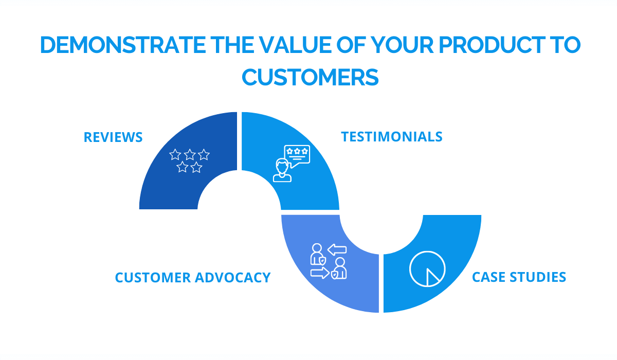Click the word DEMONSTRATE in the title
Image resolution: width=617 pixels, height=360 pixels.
pyautogui.click(x=123, y=45)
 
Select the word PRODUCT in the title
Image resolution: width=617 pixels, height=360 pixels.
pyautogui.click(x=492, y=45)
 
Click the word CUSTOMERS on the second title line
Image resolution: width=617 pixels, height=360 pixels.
pyautogui.click(x=310, y=77)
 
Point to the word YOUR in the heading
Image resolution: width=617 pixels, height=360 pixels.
pyautogui.click(x=403, y=45)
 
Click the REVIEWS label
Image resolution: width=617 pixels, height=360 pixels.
pyautogui.click(x=113, y=137)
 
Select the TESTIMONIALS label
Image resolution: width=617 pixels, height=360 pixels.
pyautogui.click(x=392, y=137)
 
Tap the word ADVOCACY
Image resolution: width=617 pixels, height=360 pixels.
pyautogui.click(x=233, y=277)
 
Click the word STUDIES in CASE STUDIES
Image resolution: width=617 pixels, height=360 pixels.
pyautogui.click(x=538, y=277)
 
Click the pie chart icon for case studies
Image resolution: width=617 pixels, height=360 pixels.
pyautogui.click(x=427, y=269)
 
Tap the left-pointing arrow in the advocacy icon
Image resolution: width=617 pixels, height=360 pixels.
pyautogui.click(x=337, y=250)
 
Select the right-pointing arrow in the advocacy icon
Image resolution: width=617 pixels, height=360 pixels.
pyautogui.click(x=320, y=273)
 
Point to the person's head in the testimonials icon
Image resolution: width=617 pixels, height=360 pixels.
pyautogui.click(x=282, y=166)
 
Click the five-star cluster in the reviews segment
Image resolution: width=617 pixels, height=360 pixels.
pyautogui.click(x=189, y=161)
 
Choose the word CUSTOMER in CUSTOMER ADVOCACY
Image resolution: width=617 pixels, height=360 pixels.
pyautogui.click(x=153, y=277)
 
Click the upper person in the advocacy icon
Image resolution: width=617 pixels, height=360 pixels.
pyautogui.click(x=318, y=254)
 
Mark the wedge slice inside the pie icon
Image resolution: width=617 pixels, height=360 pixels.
pyautogui.click(x=431, y=278)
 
